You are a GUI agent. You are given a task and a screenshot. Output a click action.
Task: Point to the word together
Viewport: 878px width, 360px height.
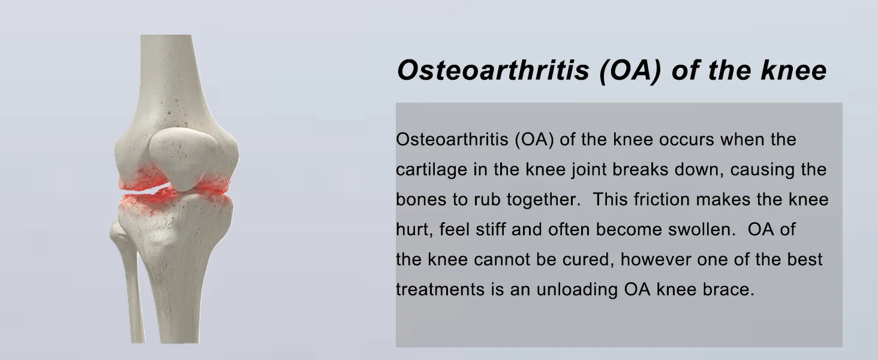tap(543, 200)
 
